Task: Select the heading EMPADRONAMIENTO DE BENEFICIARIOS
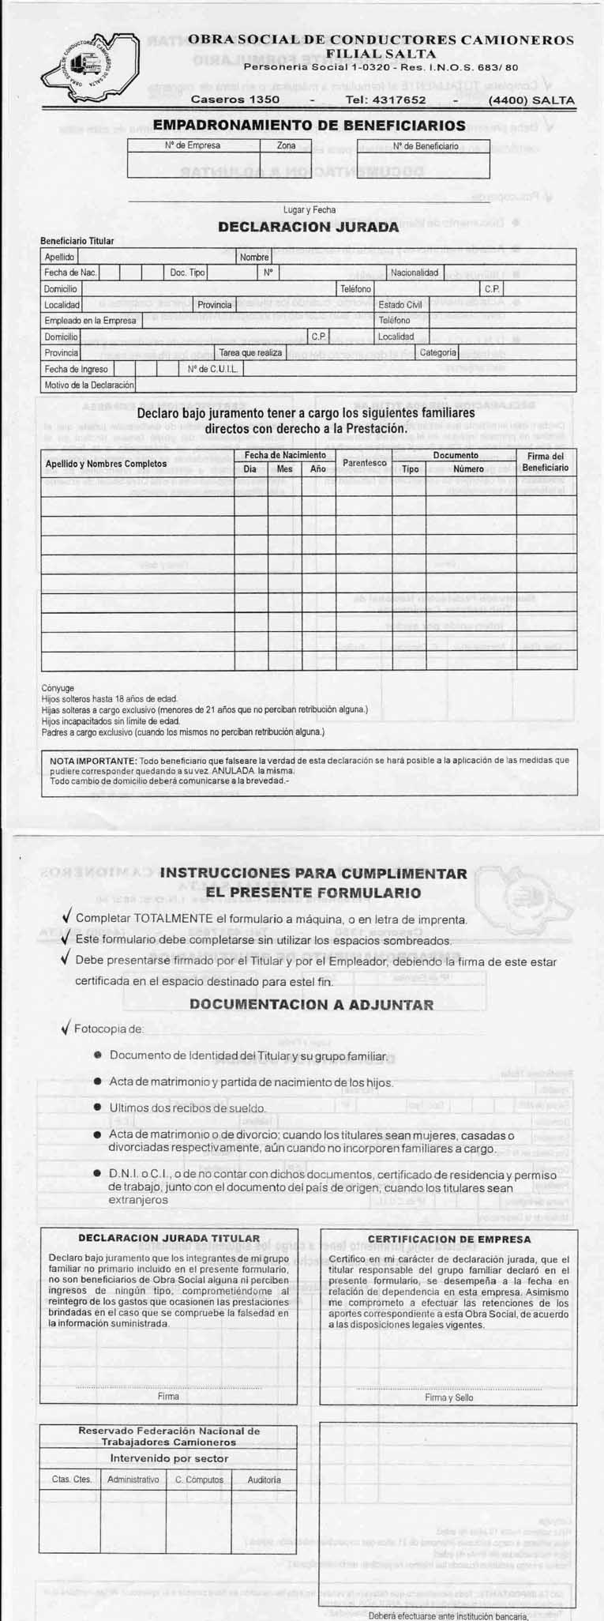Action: [309, 126]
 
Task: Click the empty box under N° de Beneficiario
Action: [423, 165]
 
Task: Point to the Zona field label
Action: [286, 145]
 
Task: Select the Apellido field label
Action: [59, 257]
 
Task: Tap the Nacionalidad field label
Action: [414, 273]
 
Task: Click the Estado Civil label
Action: [400, 305]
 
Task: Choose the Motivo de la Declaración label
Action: [89, 385]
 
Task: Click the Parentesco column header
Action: [364, 462]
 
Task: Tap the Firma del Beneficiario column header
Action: [545, 462]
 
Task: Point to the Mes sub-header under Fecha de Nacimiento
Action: [284, 468]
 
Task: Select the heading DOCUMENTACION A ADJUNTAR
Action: [311, 1005]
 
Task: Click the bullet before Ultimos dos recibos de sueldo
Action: [97, 1108]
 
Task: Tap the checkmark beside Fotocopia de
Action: [66, 1029]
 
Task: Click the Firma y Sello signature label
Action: [448, 1397]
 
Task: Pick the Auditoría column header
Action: [264, 1480]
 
